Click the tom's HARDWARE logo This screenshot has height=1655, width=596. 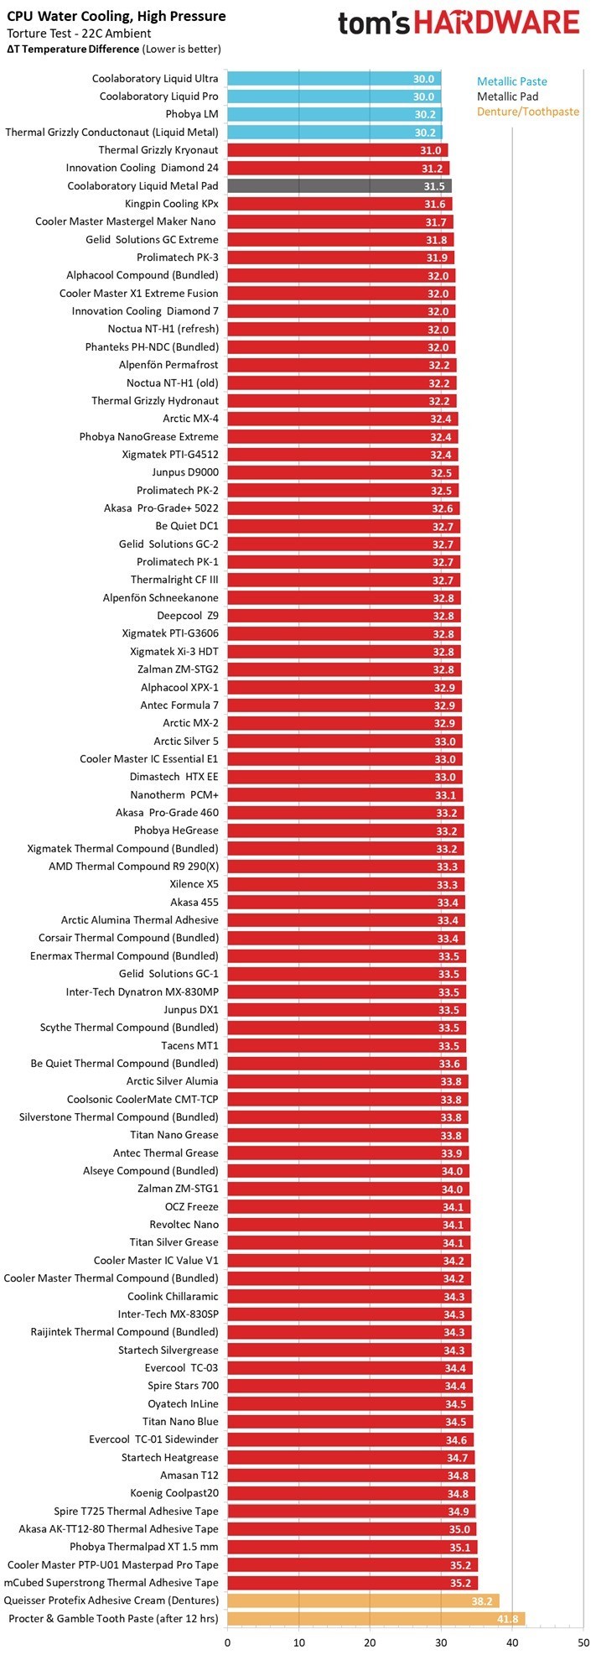click(x=459, y=23)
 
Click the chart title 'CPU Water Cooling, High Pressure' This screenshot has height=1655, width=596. click(x=117, y=16)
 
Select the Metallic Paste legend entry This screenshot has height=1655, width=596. click(x=511, y=81)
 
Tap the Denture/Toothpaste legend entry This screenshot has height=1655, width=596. click(x=528, y=112)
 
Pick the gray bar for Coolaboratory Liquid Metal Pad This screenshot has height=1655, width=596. click(x=339, y=186)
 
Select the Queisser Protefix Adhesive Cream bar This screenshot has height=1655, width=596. click(x=363, y=1600)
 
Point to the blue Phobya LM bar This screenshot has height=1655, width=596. click(x=334, y=114)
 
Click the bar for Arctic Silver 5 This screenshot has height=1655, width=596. click(x=345, y=741)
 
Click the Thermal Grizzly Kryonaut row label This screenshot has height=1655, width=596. click(x=158, y=150)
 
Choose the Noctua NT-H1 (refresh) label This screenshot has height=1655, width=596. click(x=163, y=329)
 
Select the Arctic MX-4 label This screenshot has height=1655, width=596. click(x=190, y=419)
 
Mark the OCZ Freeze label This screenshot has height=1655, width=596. click(x=191, y=1206)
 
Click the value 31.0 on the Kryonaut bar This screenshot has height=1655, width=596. click(x=430, y=150)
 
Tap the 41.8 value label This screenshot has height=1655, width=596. click(x=509, y=1618)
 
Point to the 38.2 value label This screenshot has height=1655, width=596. click(x=484, y=1600)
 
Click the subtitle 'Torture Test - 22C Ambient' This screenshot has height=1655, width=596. click(x=79, y=34)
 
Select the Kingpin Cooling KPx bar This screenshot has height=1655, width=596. click(x=339, y=204)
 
